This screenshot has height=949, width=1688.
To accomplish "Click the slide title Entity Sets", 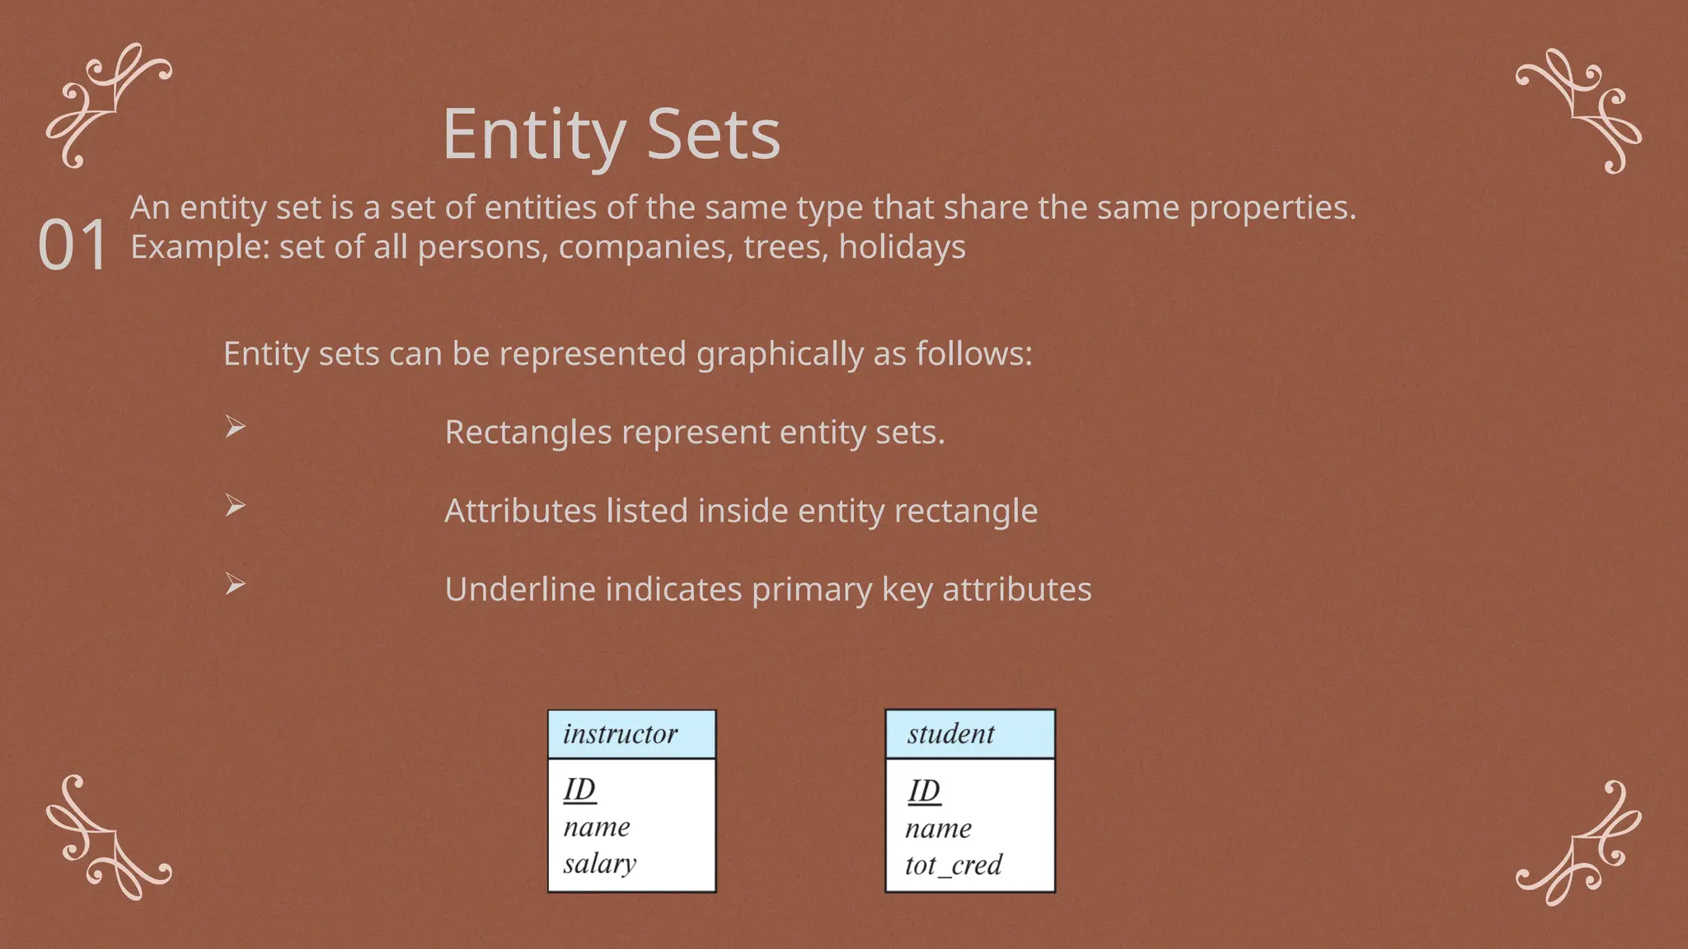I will (611, 134).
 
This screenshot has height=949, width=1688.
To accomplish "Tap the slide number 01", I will (73, 245).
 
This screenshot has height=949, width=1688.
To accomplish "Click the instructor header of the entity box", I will (621, 734).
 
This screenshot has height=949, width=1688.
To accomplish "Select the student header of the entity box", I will (951, 734).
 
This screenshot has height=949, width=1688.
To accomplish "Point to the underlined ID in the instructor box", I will (579, 789).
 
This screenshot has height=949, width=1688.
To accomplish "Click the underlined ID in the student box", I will (924, 791).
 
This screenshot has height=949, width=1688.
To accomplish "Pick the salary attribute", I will (600, 863).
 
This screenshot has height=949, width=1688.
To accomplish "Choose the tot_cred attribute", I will (953, 865).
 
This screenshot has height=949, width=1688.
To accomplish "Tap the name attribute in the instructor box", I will (597, 827).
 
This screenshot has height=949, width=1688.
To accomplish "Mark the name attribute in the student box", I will (938, 829).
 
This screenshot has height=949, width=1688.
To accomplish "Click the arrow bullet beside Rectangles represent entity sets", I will (236, 427).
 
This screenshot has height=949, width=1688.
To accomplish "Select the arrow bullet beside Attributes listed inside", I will (236, 506).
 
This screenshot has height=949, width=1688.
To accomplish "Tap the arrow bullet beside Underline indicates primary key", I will (236, 585).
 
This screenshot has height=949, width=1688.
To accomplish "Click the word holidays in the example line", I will (902, 247).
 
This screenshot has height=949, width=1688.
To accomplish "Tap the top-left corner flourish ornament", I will (108, 105).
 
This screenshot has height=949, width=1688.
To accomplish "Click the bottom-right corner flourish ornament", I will (1579, 844).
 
